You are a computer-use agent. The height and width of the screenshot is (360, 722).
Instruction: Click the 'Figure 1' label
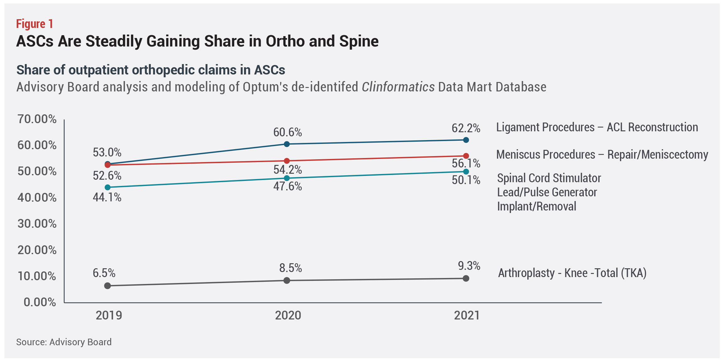pyautogui.click(x=35, y=24)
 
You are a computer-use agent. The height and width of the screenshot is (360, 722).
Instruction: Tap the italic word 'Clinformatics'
pyautogui.click(x=398, y=87)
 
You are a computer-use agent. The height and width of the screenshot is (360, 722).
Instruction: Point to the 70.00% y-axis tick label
pyautogui.click(x=37, y=119)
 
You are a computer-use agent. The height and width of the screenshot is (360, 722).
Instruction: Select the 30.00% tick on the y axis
pyautogui.click(x=37, y=224)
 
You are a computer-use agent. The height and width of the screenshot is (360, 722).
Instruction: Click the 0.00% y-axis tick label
pyautogui.click(x=40, y=302)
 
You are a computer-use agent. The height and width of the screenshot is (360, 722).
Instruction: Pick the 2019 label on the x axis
pyautogui.click(x=109, y=315)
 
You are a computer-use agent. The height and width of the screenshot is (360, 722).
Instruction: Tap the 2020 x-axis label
pyautogui.click(x=288, y=315)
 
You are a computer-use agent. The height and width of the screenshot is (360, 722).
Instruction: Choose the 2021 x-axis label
pyautogui.click(x=467, y=315)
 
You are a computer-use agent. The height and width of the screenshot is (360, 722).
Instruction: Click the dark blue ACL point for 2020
pyautogui.click(x=287, y=144)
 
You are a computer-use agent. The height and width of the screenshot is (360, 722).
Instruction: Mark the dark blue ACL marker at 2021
pyautogui.click(x=466, y=140)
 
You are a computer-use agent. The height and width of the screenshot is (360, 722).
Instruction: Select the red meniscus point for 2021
pyautogui.click(x=466, y=156)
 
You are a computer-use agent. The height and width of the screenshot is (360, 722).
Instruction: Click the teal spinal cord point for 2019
pyautogui.click(x=107, y=187)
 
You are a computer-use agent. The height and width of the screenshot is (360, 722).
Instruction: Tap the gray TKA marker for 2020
pyautogui.click(x=287, y=280)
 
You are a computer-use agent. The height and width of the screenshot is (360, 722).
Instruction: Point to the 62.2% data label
pyautogui.click(x=466, y=128)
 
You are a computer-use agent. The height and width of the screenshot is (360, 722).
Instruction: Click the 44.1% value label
pyautogui.click(x=107, y=197)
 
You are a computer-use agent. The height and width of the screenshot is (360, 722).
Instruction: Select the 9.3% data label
pyautogui.click(x=469, y=266)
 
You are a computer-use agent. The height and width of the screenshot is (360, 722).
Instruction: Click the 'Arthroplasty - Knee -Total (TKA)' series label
pyautogui.click(x=572, y=273)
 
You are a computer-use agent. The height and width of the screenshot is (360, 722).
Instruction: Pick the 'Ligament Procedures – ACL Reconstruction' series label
pyautogui.click(x=597, y=127)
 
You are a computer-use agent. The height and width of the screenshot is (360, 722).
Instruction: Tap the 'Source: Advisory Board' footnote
pyautogui.click(x=64, y=342)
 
